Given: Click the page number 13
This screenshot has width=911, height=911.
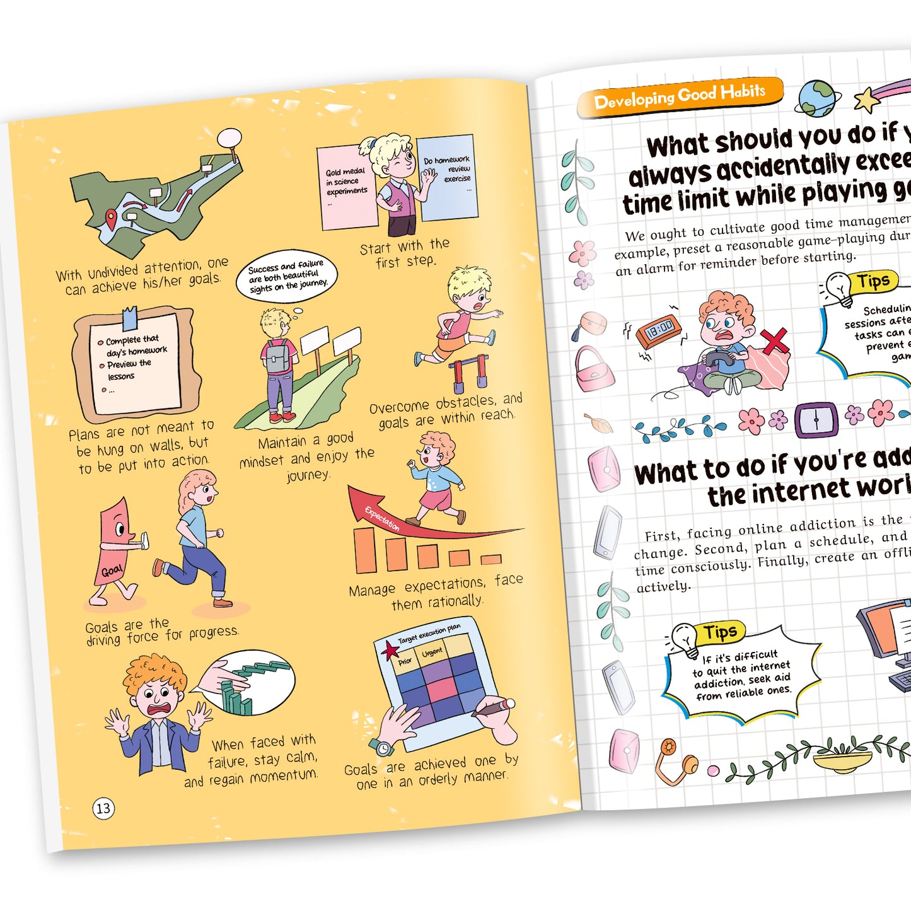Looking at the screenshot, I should coord(103,808).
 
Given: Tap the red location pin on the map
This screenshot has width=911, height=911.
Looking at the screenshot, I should coord(112,218).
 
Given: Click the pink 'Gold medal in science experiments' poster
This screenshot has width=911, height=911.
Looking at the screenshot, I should coord(347,187).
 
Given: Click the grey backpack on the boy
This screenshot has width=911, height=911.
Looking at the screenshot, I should coord(277,357).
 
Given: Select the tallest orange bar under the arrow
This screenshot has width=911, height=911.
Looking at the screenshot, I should coord(364,549).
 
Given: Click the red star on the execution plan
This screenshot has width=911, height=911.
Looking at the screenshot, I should coord(390,650).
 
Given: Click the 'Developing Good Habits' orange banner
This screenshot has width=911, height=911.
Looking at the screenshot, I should coord(680,96).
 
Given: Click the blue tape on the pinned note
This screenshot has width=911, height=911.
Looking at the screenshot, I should coord(130,318).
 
